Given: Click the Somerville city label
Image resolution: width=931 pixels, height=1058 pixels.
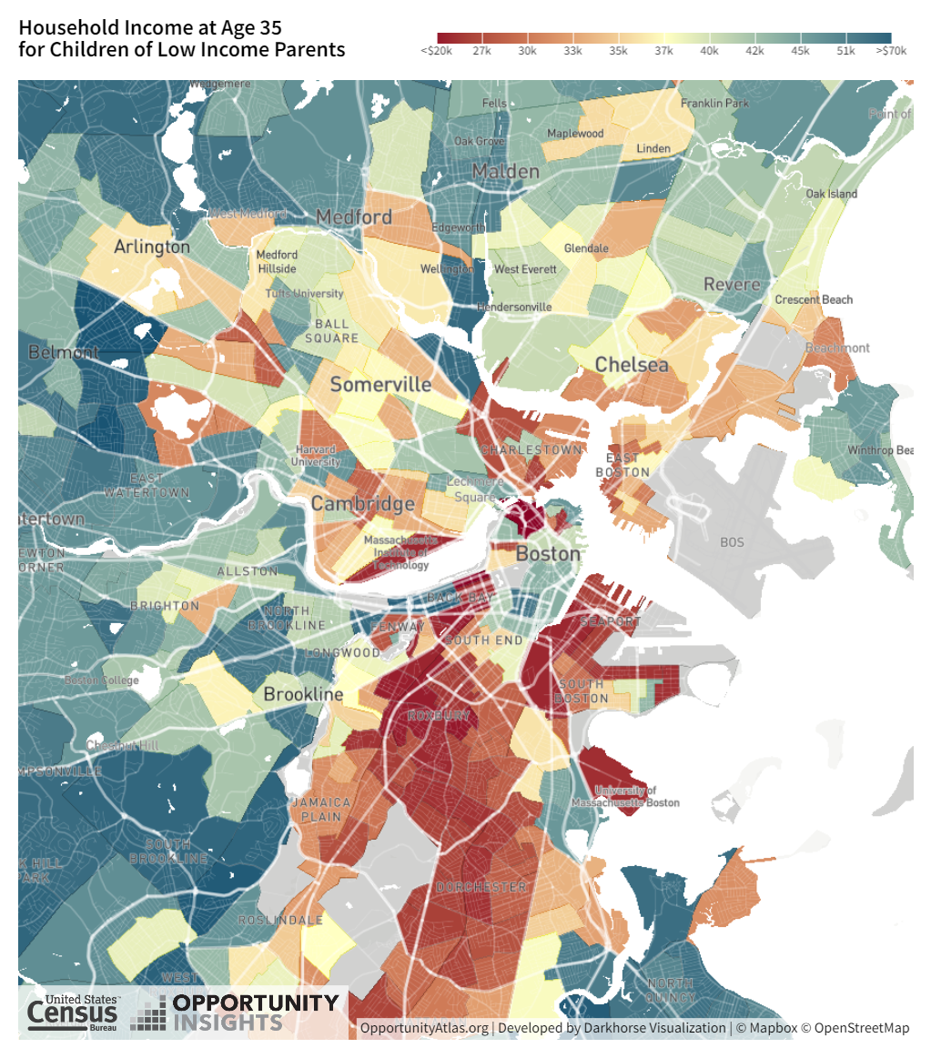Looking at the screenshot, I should click(x=380, y=385).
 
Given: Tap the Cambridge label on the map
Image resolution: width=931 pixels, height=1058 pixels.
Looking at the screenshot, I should click(x=362, y=504).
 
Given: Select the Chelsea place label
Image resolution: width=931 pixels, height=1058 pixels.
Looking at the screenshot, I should click(x=632, y=366).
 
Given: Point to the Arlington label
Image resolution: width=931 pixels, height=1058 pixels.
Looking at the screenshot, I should click(x=152, y=247).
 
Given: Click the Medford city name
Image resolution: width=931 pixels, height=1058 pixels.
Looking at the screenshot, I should click(x=354, y=217).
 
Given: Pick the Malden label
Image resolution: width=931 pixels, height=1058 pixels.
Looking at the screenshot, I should click(x=505, y=171).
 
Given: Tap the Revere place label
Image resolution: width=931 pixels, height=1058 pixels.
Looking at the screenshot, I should click(x=732, y=285).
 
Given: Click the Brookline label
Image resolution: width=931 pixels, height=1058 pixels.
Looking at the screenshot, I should click(x=303, y=695).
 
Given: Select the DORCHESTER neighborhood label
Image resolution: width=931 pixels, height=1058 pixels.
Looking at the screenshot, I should click(x=481, y=887).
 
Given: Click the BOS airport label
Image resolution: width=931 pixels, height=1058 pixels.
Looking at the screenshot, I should click(x=732, y=542).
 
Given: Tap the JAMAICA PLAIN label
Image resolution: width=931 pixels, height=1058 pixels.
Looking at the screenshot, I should click(x=321, y=810).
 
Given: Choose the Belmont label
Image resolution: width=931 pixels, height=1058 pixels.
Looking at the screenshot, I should click(x=63, y=352).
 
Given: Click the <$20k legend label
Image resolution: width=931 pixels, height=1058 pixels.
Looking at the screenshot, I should click(x=437, y=51).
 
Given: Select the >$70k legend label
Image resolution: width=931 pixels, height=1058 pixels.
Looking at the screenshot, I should click(x=891, y=51).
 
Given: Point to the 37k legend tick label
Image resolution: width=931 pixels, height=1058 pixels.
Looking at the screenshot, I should click(x=663, y=51).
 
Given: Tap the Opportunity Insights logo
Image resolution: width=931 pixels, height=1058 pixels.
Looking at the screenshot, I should click(x=235, y=1013).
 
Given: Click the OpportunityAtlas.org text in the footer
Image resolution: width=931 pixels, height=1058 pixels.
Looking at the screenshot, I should click(x=424, y=1028).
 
